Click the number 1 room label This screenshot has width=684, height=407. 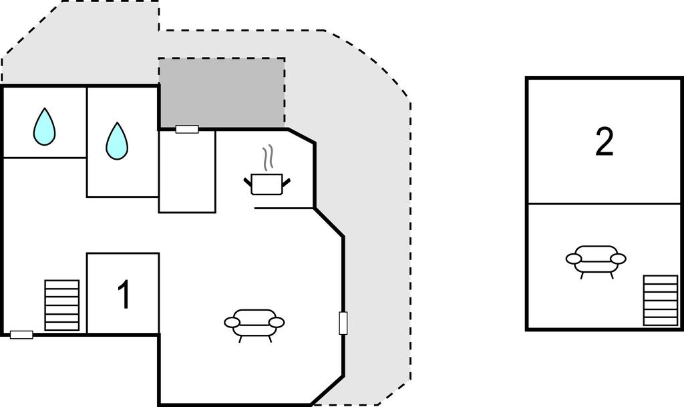click(x=124, y=295)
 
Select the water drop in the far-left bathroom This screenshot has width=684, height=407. click(x=45, y=126)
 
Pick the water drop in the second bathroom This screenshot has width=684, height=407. click(x=117, y=140)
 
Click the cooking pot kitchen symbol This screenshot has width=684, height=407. click(x=267, y=184)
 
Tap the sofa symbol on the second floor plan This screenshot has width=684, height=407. click(x=596, y=261)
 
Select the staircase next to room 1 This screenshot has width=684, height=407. click(x=62, y=305)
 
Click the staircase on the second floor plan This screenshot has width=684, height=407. click(x=661, y=300)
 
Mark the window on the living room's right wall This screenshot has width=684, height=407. click(x=343, y=323)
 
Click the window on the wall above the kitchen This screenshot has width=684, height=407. click(x=187, y=129)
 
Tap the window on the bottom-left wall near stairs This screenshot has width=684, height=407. click(x=21, y=335)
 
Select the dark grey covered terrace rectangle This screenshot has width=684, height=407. click(x=222, y=94)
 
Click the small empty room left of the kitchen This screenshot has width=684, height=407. click(x=187, y=171)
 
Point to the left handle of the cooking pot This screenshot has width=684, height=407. click(x=247, y=180)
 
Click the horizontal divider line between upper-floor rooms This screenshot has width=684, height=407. click(x=604, y=204)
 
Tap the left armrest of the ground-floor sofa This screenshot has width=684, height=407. click(x=232, y=322)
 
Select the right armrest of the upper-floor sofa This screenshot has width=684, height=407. click(x=619, y=259)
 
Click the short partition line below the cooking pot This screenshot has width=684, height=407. click(x=284, y=208)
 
